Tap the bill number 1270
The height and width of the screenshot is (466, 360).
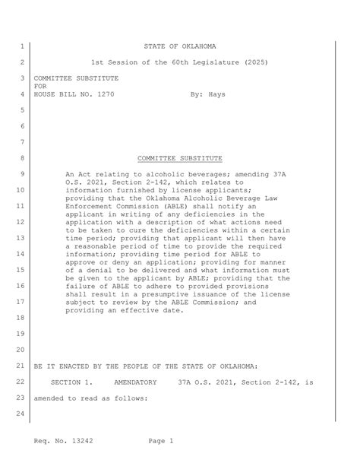tap(103, 94)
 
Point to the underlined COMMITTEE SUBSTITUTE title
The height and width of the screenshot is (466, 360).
tap(180, 158)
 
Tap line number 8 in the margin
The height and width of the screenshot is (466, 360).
tap(22, 158)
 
